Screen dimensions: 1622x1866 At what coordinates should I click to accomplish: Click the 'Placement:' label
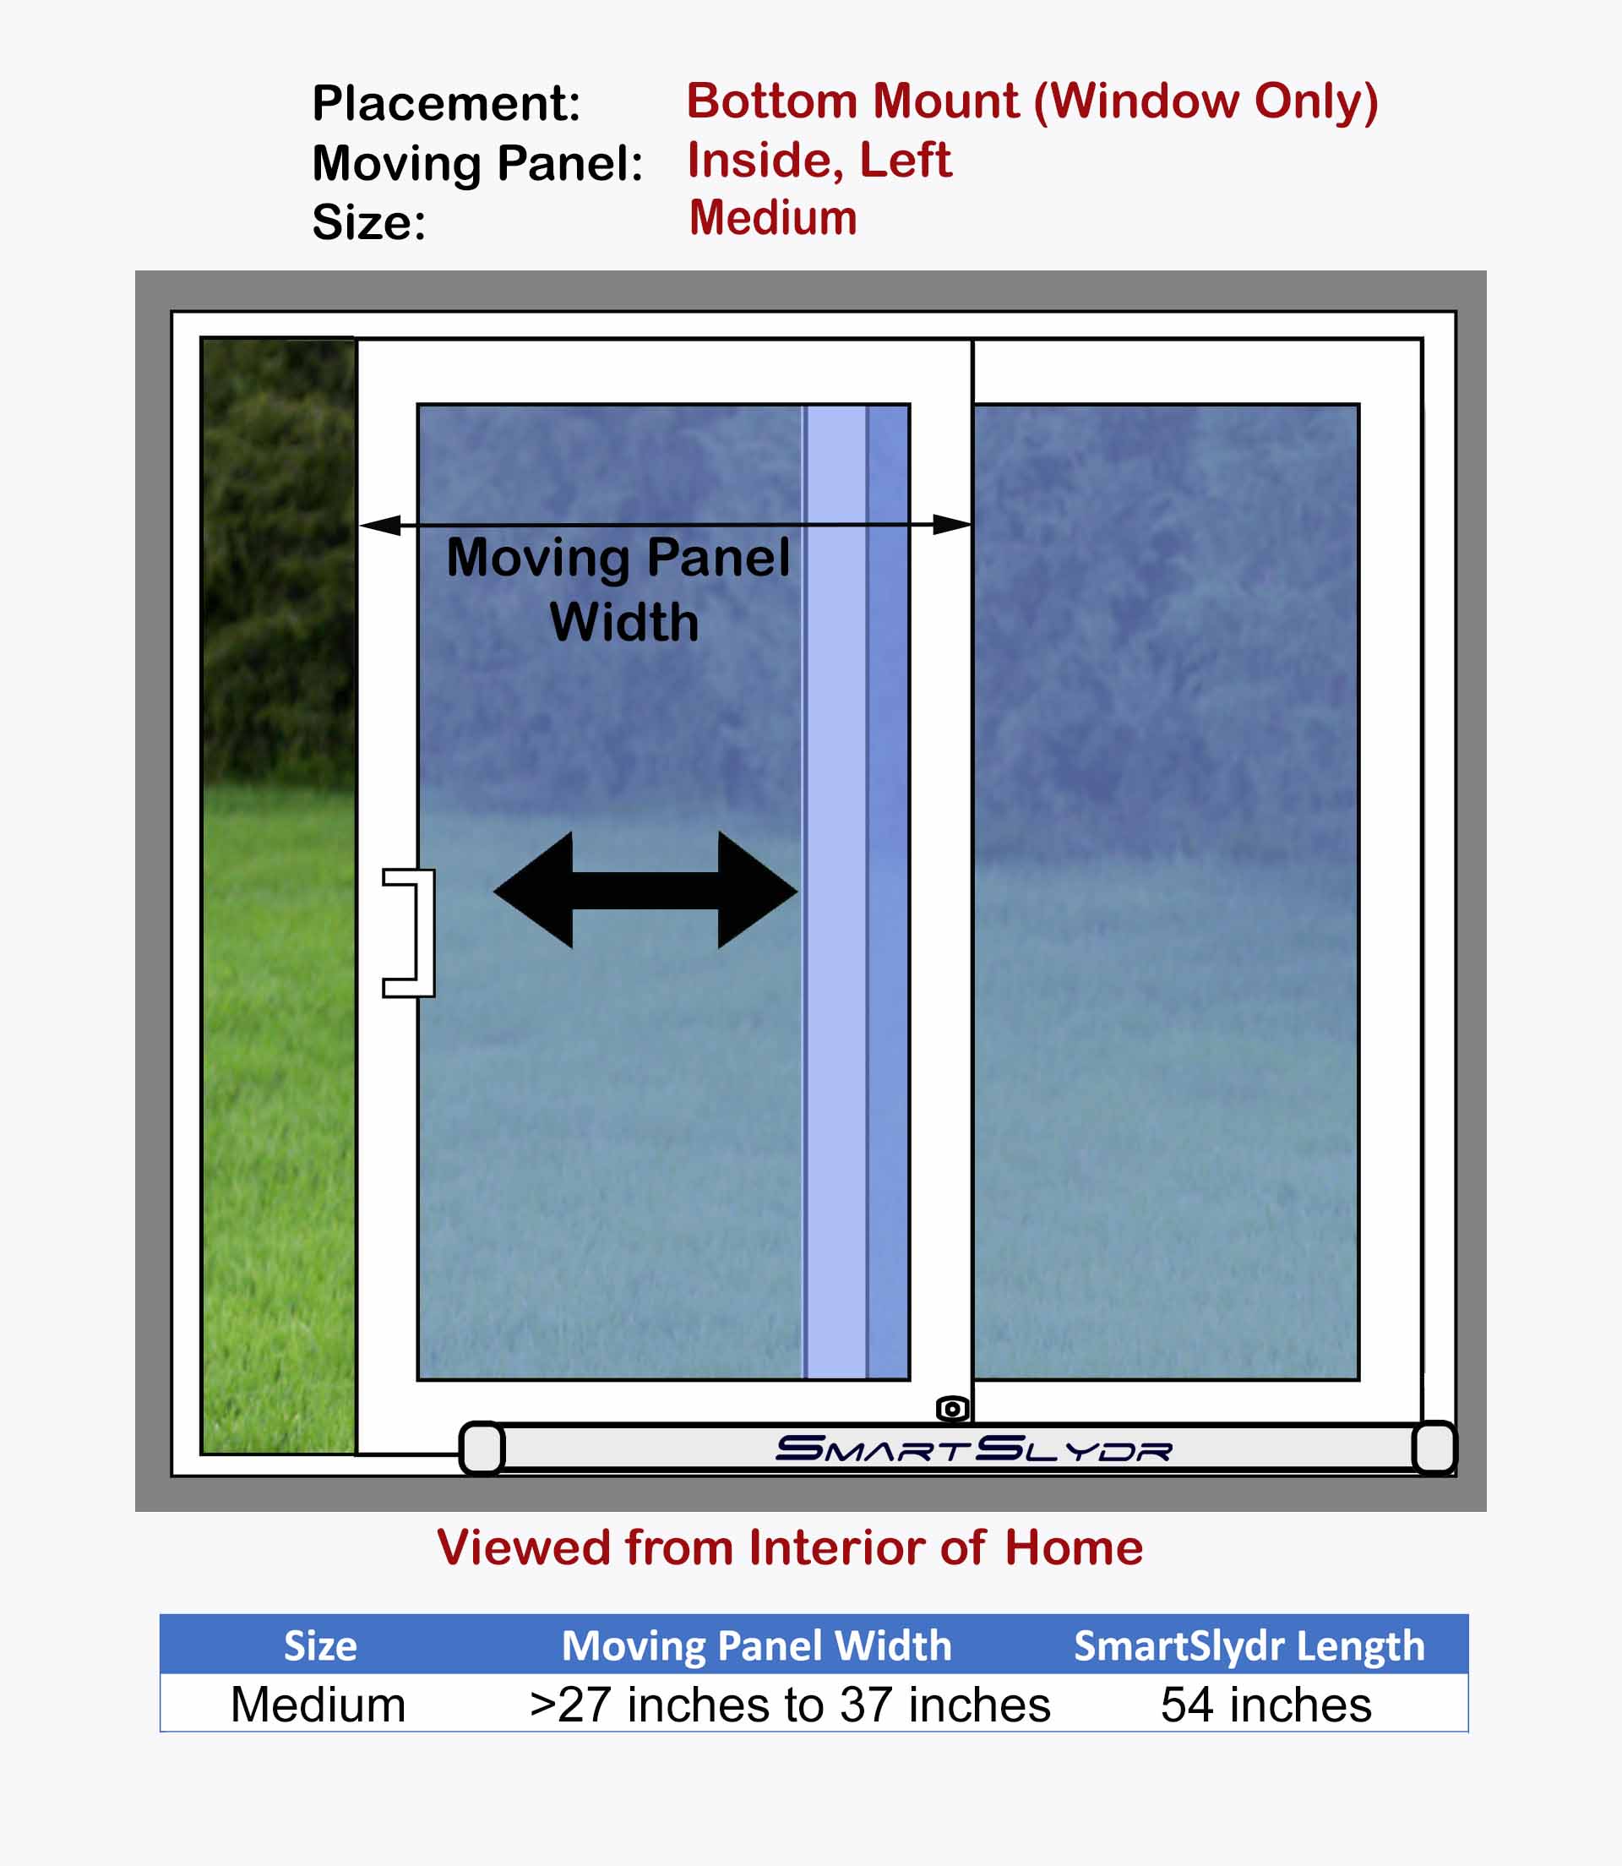coord(446,103)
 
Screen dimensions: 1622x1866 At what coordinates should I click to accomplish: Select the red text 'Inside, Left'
coord(819,161)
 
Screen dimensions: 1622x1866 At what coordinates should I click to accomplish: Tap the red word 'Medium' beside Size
coord(773,218)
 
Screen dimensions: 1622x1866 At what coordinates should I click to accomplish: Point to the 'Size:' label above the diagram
coord(368,223)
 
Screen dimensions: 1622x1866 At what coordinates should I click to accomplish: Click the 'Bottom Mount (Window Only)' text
coord(1032,101)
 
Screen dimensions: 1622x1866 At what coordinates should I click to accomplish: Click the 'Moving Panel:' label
coord(478,165)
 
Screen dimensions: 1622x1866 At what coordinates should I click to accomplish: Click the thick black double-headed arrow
coord(645,891)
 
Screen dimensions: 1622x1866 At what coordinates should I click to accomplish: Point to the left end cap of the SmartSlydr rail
coord(482,1448)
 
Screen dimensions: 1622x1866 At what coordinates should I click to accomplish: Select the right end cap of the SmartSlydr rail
coord(1434,1448)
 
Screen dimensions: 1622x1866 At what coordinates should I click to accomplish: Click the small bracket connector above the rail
coord(952,1409)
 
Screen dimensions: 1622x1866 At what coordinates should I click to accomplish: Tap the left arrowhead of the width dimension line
coord(380,525)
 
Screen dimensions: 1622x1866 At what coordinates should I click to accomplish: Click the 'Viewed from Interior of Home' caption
coord(789,1547)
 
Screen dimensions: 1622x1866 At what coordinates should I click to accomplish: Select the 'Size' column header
coord(320,1645)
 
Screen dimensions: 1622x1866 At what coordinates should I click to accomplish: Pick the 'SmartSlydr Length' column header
coord(1249,1646)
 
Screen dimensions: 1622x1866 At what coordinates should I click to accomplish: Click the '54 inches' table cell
coord(1265,1705)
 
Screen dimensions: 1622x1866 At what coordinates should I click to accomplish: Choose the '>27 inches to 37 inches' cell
coord(789,1705)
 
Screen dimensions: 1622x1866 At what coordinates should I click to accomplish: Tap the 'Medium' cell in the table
coord(318,1705)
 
